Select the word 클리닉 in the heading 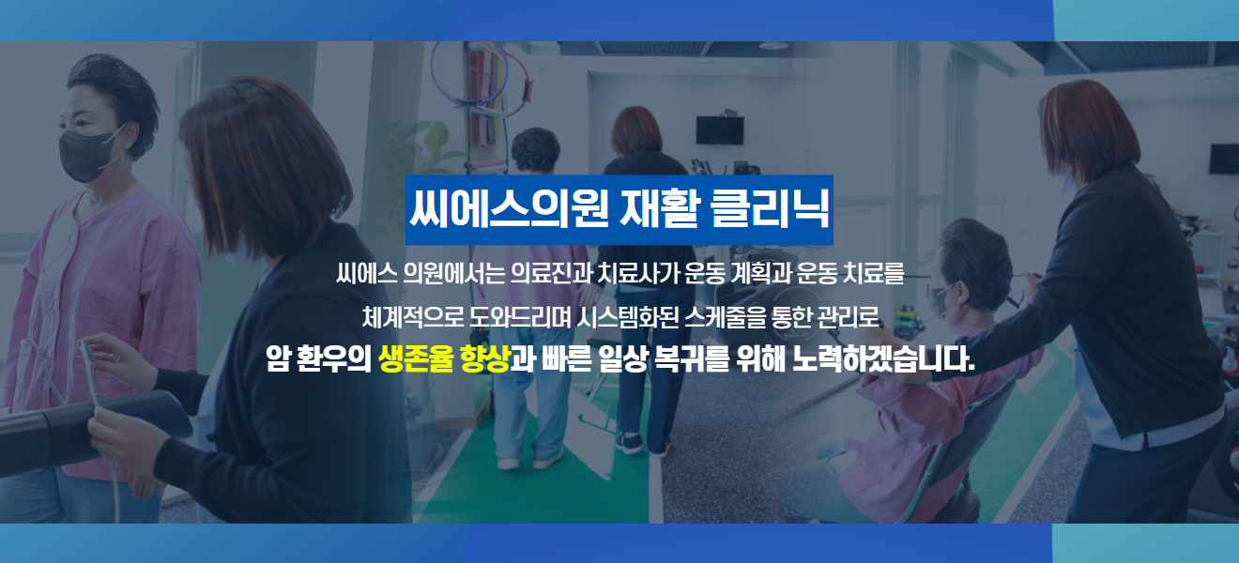pos(770,209)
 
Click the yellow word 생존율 pos(416,358)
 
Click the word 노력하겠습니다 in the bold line pos(883,358)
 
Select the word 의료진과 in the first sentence pos(552,273)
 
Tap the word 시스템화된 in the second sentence pos(627,317)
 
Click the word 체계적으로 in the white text pos(413,317)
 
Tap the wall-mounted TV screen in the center pos(720,130)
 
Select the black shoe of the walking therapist pos(629,443)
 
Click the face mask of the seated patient pos(941,301)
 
